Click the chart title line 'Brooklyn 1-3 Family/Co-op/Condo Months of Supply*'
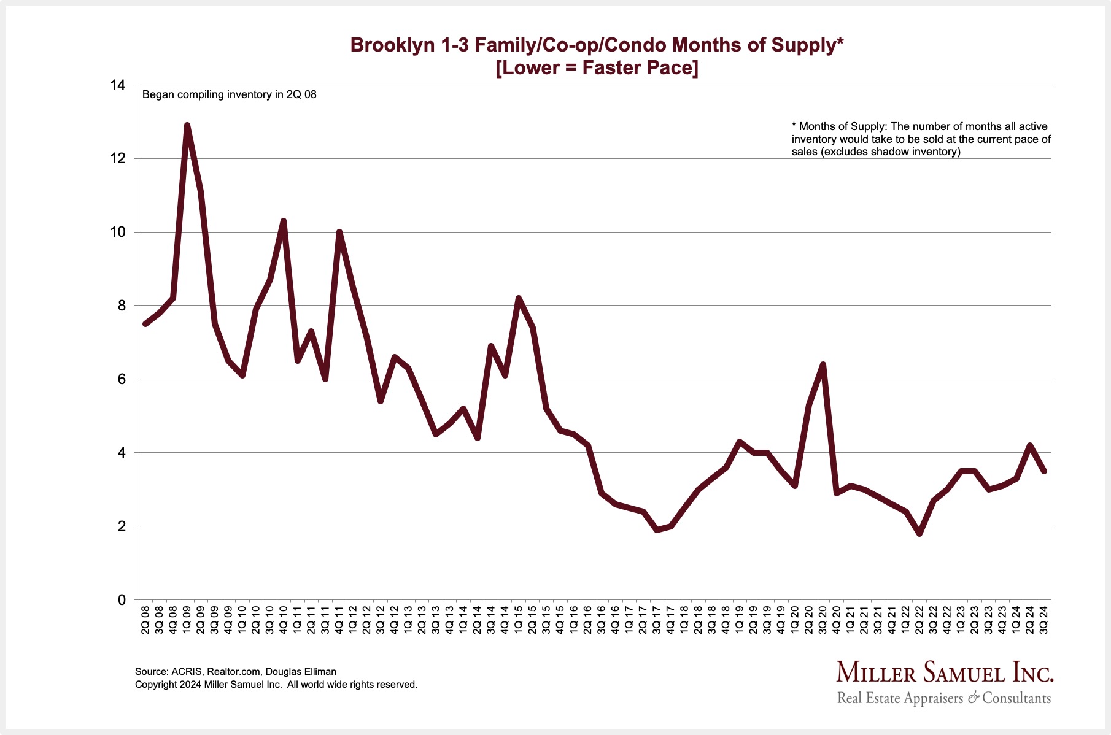tap(597, 45)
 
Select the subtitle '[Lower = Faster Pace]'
tap(597, 67)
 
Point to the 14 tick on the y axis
tap(117, 85)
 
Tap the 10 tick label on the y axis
tap(117, 232)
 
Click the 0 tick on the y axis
tap(121, 599)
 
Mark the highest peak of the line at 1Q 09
tap(187, 126)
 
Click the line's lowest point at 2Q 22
tap(919, 534)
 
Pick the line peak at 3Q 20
tap(823, 365)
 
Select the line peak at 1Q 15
tap(519, 299)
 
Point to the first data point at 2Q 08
tap(145, 324)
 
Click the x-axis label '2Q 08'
tap(145, 620)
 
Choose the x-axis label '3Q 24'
tap(1043, 620)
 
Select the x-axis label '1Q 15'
tap(519, 620)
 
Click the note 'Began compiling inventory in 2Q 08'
tap(230, 94)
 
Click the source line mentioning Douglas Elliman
tap(236, 671)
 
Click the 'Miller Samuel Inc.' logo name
tap(945, 672)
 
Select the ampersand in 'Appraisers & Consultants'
tap(973, 698)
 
